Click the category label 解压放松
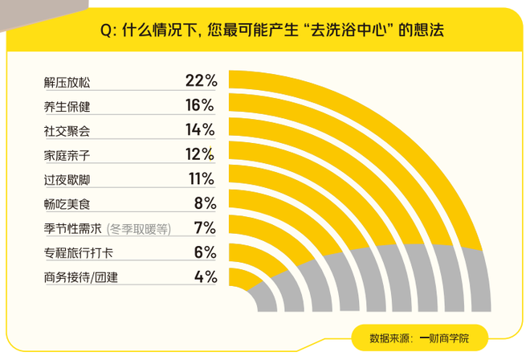67,81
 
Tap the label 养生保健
67,105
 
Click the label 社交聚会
67,130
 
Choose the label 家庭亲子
67,155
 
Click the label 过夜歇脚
67,179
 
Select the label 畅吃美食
67,204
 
